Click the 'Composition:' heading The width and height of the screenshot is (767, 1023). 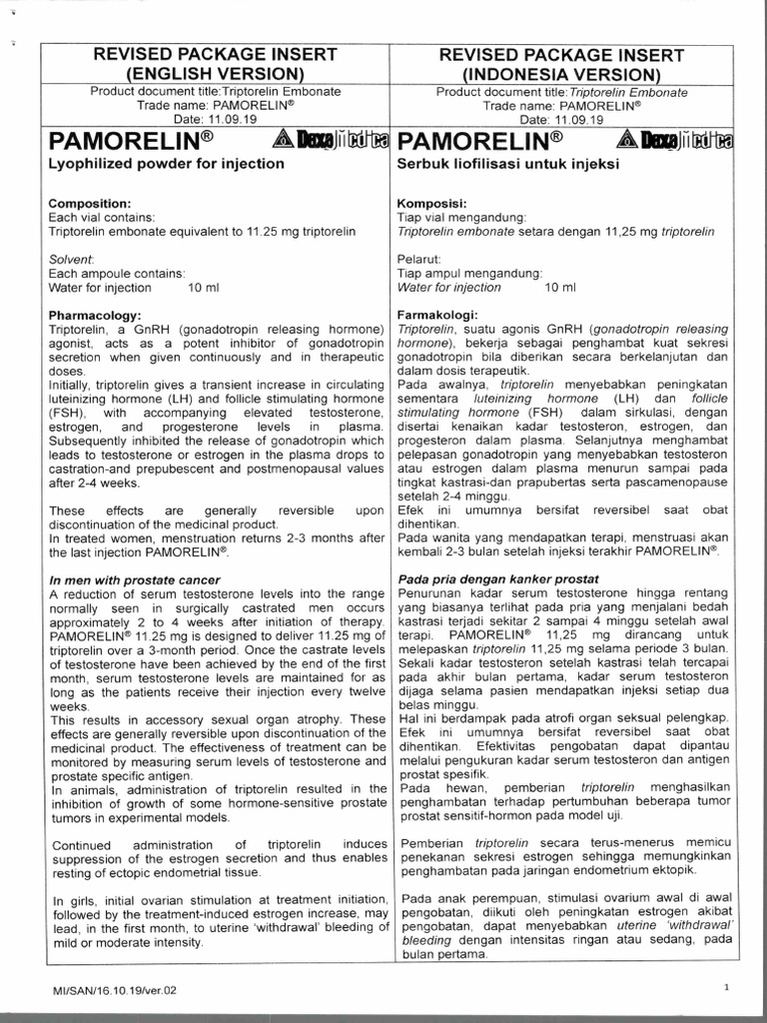(x=90, y=203)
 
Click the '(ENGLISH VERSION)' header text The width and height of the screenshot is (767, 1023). (x=214, y=73)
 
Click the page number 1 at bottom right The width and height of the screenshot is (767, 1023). (x=728, y=987)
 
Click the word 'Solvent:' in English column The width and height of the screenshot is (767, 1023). (x=72, y=259)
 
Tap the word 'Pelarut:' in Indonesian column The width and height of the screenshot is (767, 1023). (x=419, y=259)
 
